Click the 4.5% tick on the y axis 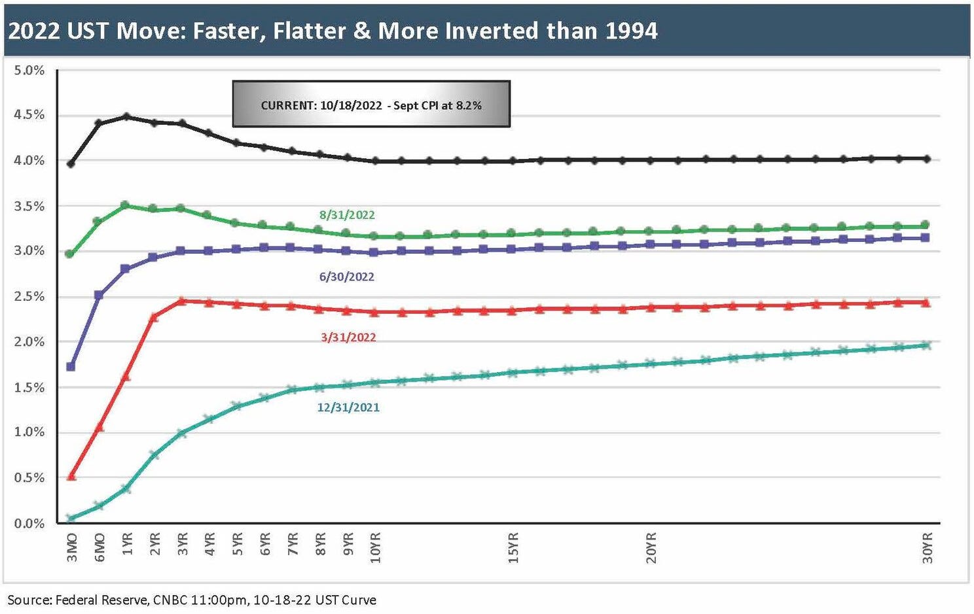(29, 115)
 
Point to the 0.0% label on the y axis (29, 523)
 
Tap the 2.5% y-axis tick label (29, 296)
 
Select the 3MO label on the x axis (72, 547)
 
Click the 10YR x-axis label (375, 547)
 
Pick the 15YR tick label (513, 547)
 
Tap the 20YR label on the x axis (651, 547)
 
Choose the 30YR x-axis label (927, 547)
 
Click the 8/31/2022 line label (347, 215)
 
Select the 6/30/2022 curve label (346, 277)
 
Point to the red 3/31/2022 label (348, 337)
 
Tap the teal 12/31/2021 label (348, 407)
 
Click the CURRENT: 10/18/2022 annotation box (371, 105)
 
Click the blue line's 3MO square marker (71, 367)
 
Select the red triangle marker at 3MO (71, 476)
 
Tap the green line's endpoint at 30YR (926, 225)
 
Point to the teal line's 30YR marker (926, 345)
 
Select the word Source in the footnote (28, 600)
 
